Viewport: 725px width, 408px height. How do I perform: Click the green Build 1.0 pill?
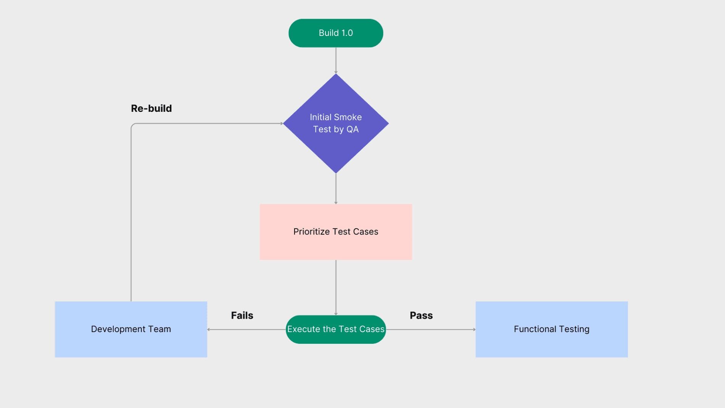click(336, 33)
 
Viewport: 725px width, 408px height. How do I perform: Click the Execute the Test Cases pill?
click(336, 329)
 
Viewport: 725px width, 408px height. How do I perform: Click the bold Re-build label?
click(151, 108)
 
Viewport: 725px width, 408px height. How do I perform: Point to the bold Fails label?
click(242, 315)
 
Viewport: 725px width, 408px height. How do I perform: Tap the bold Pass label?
click(421, 315)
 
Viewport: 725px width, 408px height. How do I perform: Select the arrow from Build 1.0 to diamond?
click(336, 60)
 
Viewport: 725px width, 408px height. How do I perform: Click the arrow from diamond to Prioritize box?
click(336, 189)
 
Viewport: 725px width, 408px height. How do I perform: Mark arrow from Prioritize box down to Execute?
click(336, 287)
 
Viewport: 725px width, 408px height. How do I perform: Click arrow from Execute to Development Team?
click(246, 329)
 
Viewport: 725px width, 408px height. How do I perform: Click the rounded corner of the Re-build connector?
click(132, 125)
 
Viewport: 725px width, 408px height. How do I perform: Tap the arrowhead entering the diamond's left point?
click(281, 123)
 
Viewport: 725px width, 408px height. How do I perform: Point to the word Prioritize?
click(311, 232)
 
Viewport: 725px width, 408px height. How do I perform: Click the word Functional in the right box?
click(535, 329)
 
